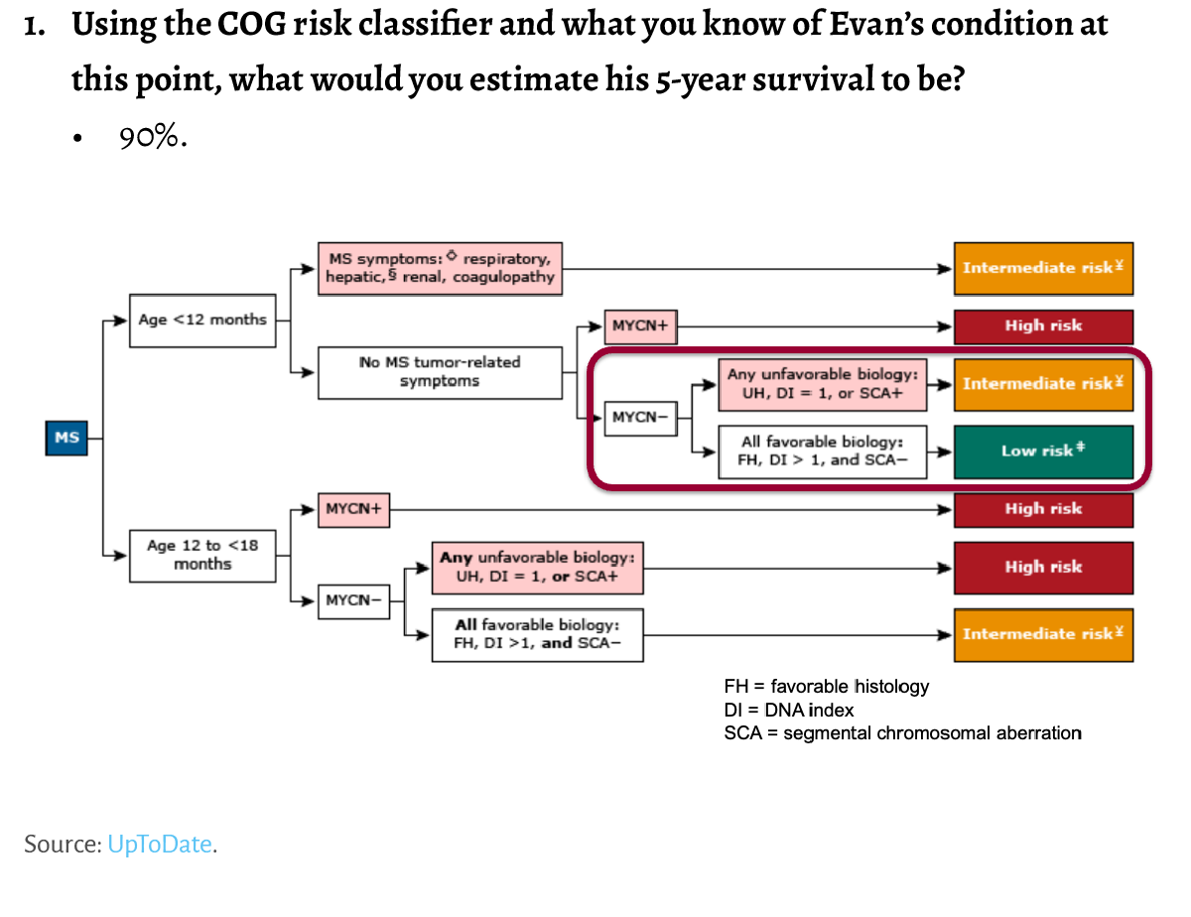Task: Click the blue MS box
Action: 66,438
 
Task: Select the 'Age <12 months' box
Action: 202,320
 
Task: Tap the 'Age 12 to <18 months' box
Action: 202,555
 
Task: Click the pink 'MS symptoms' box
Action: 440,268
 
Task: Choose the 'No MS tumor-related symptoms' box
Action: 440,372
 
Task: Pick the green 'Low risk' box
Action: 1043,451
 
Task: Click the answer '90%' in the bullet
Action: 153,138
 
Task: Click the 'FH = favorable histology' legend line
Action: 826,686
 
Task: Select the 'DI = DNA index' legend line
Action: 788,710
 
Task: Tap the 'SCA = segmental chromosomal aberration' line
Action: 902,733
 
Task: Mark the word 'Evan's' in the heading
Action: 781,25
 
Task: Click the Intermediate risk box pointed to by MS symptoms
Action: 1043,268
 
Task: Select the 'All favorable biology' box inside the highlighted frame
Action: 822,452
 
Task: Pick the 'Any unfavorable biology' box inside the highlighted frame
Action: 822,384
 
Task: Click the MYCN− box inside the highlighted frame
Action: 634,417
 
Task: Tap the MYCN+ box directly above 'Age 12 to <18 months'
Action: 353,509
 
